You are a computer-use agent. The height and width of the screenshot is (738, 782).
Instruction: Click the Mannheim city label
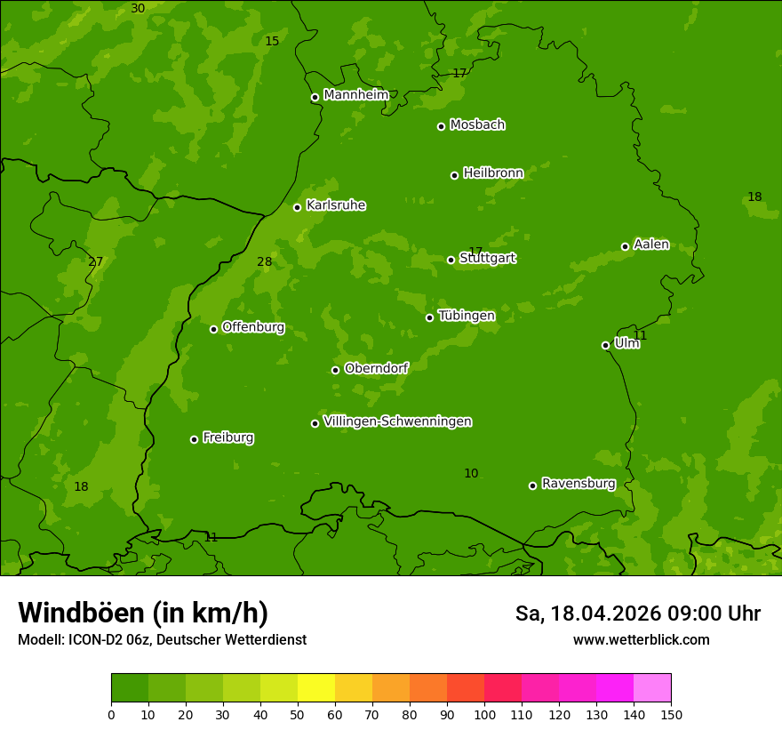[355, 95]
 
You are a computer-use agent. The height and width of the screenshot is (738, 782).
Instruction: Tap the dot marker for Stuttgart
[451, 260]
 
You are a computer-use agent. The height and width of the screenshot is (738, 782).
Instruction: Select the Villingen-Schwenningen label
[397, 421]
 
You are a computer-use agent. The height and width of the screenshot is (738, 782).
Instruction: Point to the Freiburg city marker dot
[194, 439]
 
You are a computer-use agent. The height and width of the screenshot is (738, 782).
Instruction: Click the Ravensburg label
[578, 484]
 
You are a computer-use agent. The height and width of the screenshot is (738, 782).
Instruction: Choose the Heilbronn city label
[493, 173]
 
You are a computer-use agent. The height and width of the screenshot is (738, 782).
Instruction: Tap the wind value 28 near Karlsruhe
[265, 261]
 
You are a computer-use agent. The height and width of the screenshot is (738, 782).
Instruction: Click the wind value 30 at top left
[138, 9]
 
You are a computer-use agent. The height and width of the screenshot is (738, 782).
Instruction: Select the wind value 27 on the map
[96, 261]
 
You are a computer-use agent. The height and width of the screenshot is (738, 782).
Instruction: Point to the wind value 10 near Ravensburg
[471, 474]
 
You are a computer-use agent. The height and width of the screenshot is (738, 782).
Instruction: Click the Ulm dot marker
[605, 345]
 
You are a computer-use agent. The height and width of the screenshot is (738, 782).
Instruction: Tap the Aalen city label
[651, 245]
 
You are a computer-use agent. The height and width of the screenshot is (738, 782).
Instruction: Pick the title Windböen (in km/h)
[143, 613]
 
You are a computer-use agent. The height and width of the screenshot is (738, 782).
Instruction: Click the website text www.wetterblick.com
[641, 639]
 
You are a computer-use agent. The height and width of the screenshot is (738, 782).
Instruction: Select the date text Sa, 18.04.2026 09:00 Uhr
[637, 614]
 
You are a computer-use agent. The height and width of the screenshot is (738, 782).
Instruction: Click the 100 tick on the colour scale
[484, 714]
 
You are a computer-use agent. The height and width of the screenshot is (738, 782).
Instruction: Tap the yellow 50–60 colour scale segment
[316, 688]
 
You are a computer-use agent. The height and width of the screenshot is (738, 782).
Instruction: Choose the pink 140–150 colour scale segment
[652, 688]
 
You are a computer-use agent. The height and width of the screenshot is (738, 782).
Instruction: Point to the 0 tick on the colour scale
[111, 714]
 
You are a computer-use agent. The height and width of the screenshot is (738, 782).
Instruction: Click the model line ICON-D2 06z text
[162, 639]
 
